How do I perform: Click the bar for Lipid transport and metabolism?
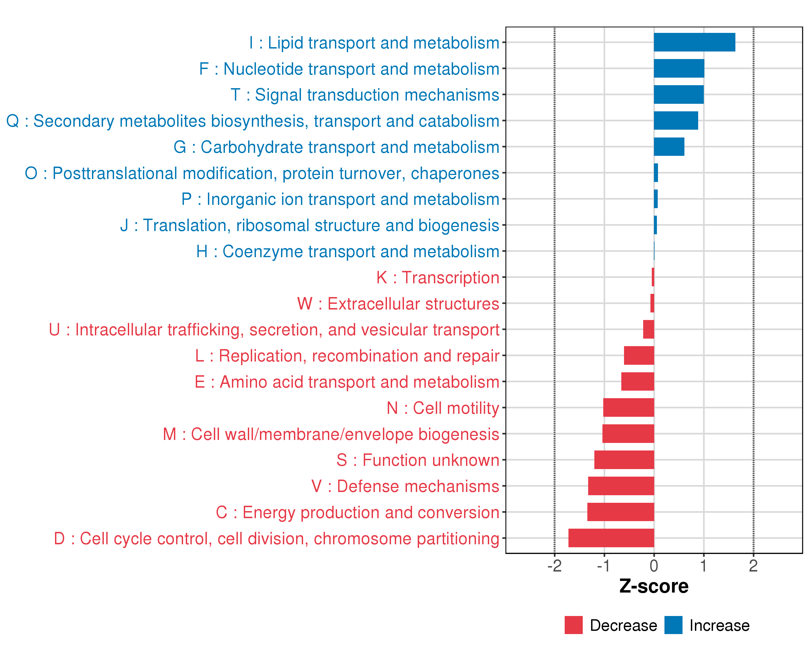[694, 42]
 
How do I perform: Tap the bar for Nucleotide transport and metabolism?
[679, 68]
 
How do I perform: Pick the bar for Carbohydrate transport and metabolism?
[669, 147]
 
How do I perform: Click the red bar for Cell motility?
[629, 407]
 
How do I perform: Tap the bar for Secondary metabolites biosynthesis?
[676, 121]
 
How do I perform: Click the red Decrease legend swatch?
[573, 625]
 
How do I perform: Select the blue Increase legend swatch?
[673, 625]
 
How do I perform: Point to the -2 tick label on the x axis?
[554, 566]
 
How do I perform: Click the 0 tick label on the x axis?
[654, 566]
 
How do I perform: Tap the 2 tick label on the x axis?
[753, 566]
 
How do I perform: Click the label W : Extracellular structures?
[398, 304]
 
